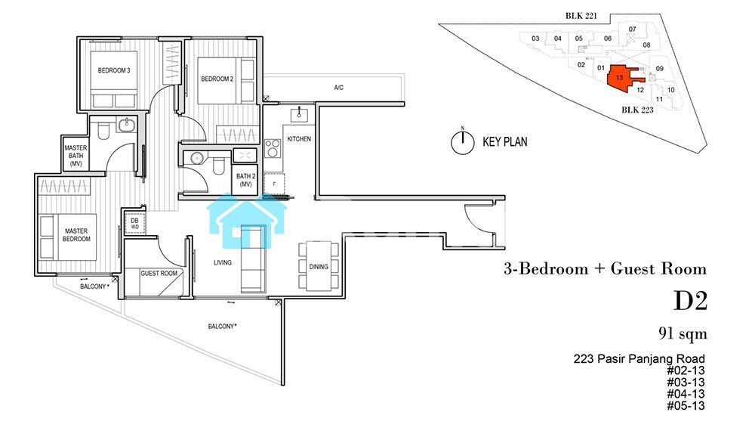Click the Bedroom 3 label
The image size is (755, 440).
pyautogui.click(x=114, y=70)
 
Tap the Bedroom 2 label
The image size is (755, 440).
pyautogui.click(x=217, y=79)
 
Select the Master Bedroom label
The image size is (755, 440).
pyautogui.click(x=76, y=234)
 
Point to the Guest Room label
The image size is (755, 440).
pyautogui.click(x=159, y=273)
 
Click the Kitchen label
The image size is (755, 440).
pyautogui.click(x=299, y=139)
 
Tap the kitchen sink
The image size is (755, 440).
pyautogui.click(x=300, y=115)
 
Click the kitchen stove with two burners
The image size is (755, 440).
pyautogui.click(x=273, y=148)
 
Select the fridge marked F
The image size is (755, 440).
pyautogui.click(x=274, y=184)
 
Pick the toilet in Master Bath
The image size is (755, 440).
pyautogui.click(x=103, y=131)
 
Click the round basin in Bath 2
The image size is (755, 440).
pyautogui.click(x=196, y=158)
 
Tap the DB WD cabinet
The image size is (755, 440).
pyautogui.click(x=135, y=224)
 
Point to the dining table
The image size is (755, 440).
pyautogui.click(x=319, y=267)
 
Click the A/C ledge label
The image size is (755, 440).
pyautogui.click(x=338, y=87)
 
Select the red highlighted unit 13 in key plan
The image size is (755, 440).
pyautogui.click(x=622, y=78)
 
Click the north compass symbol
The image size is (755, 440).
pyautogui.click(x=462, y=141)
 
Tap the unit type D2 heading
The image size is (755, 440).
pyautogui.click(x=690, y=301)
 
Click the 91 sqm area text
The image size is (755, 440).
pyautogui.click(x=683, y=333)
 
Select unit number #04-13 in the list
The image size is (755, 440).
pyautogui.click(x=686, y=394)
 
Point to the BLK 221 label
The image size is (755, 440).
pyautogui.click(x=581, y=16)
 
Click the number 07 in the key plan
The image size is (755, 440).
pyautogui.click(x=632, y=29)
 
